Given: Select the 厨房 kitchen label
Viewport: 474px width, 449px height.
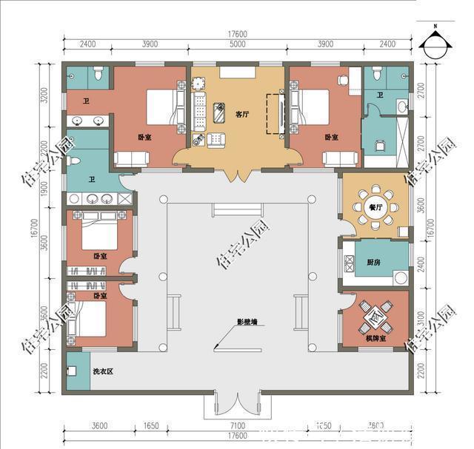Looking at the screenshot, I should pyautogui.click(x=373, y=261).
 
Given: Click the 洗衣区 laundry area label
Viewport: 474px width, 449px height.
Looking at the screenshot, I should pyautogui.click(x=102, y=371).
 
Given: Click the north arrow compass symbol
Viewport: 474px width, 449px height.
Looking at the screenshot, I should pyautogui.click(x=435, y=42).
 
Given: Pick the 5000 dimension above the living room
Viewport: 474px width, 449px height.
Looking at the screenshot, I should pyautogui.click(x=237, y=44).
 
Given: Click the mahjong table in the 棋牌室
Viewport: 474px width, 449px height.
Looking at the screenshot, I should pyautogui.click(x=375, y=317).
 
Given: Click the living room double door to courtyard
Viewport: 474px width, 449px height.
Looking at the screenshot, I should pyautogui.click(x=237, y=175).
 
